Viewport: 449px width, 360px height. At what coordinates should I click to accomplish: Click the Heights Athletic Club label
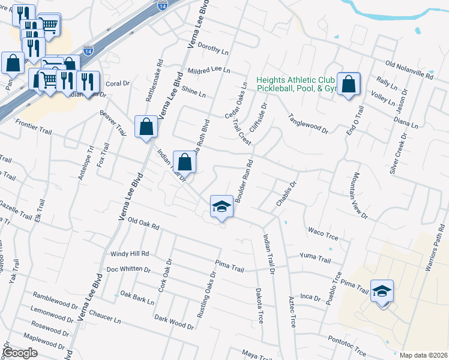point(295,80)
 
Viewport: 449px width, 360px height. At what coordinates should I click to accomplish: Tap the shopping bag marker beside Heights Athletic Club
point(348,84)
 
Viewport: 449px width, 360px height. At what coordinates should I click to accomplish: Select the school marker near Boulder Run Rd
point(221,207)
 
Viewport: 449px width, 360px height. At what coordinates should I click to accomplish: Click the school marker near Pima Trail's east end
point(381,292)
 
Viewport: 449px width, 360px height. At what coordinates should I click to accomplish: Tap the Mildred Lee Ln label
point(209,70)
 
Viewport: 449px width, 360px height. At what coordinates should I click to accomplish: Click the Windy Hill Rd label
point(129,254)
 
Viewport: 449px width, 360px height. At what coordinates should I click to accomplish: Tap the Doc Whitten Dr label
point(128,269)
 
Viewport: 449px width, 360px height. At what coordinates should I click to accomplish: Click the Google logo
point(20,353)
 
